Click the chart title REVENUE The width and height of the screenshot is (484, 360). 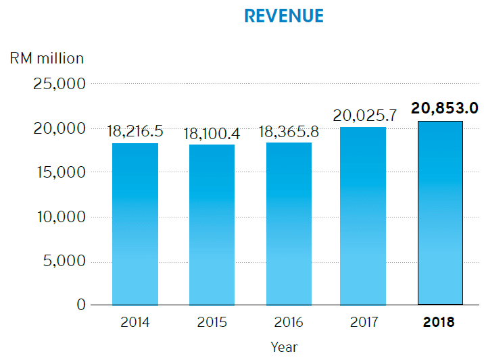(x=284, y=16)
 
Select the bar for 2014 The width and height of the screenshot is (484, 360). (x=135, y=224)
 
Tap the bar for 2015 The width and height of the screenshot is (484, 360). (x=212, y=224)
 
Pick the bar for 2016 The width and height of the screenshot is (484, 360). (x=288, y=223)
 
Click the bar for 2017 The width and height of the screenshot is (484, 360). (x=363, y=215)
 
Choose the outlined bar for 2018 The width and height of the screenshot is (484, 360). (x=439, y=213)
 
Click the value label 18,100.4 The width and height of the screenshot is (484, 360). (x=212, y=133)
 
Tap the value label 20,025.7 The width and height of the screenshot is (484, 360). (x=364, y=115)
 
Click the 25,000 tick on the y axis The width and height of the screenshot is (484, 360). (x=59, y=84)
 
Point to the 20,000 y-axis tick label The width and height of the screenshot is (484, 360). (x=59, y=128)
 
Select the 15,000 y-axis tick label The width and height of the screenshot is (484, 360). (x=59, y=172)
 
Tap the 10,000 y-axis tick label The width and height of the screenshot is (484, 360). (x=59, y=217)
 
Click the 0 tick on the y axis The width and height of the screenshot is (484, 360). (x=81, y=305)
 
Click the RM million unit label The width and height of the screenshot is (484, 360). (x=47, y=58)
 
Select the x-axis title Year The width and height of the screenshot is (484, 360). (x=284, y=347)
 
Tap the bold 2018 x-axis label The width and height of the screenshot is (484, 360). (x=439, y=322)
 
